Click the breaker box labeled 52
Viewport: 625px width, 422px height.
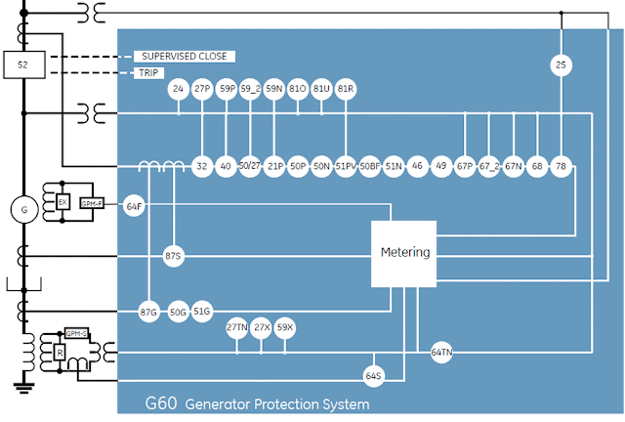(23, 65)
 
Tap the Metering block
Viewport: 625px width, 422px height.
(404, 253)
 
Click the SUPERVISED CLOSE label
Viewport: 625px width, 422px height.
(185, 56)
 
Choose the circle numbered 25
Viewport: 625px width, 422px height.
(561, 66)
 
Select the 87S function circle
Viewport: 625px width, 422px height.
(174, 255)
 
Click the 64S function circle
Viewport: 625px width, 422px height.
(374, 375)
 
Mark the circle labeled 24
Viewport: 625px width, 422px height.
(178, 89)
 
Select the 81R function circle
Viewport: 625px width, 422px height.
(345, 89)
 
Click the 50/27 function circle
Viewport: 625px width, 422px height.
(250, 166)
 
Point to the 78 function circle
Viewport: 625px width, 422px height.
(561, 166)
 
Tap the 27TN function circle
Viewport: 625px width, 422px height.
(237, 327)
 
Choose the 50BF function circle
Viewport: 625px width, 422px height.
(369, 166)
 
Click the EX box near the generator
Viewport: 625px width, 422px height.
(62, 202)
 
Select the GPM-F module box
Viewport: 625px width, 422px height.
(93, 202)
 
